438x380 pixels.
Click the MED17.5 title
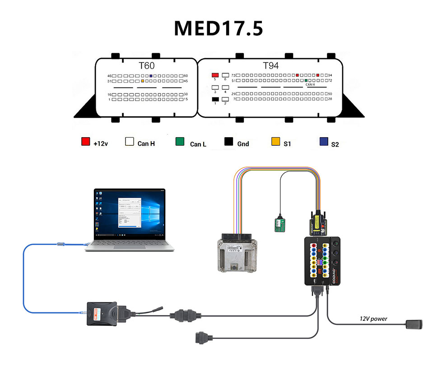click(219, 28)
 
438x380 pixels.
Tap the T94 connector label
click(271, 66)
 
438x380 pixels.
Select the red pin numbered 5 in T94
click(215, 74)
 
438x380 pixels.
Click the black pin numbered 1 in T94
click(215, 99)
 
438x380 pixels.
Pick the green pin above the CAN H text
click(306, 80)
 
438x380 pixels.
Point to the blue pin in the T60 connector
click(150, 75)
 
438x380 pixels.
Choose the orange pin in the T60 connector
click(143, 81)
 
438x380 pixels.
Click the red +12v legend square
click(85, 142)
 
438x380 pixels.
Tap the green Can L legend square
click(180, 142)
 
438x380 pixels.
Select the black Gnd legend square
click(228, 142)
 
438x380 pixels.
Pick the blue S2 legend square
click(323, 142)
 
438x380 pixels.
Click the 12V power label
click(373, 319)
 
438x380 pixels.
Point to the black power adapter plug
click(415, 324)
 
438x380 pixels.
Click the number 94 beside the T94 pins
click(330, 75)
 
